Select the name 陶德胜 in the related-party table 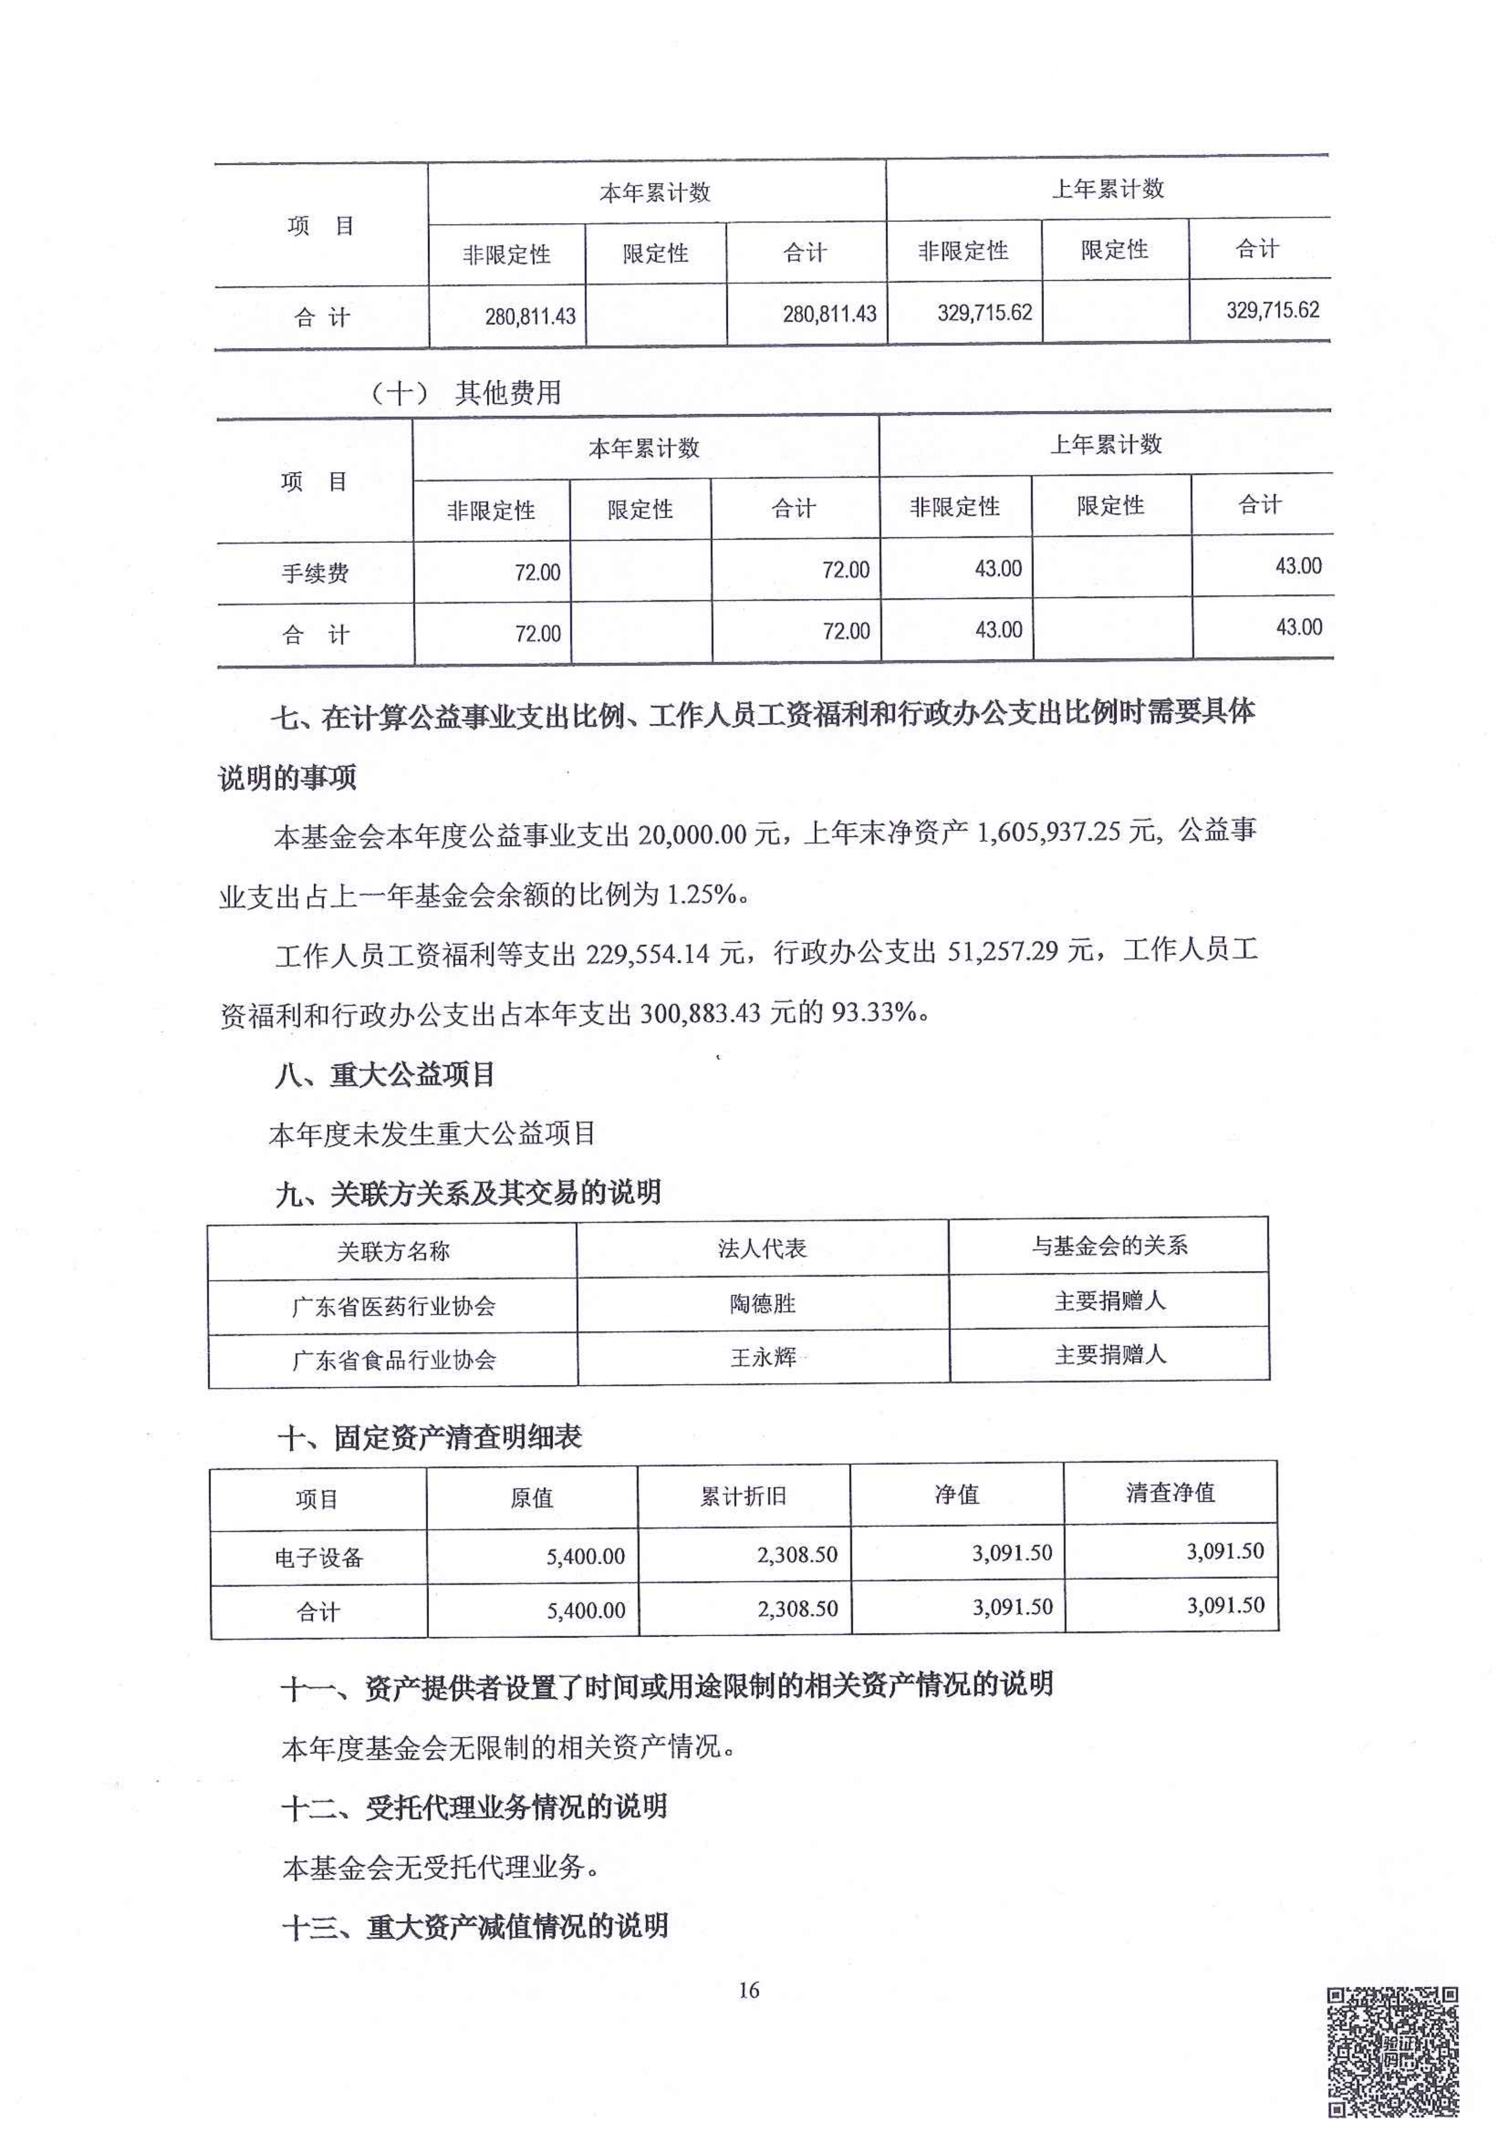pos(763,1303)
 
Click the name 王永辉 pos(763,1357)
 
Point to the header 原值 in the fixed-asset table pos(532,1498)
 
